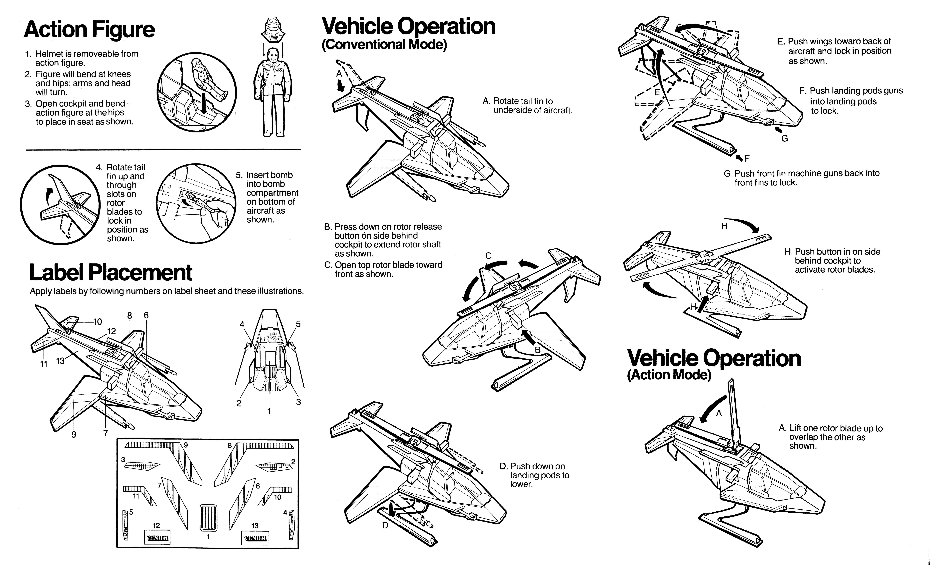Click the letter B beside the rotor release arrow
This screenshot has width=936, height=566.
point(538,350)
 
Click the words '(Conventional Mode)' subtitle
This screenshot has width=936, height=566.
point(384,44)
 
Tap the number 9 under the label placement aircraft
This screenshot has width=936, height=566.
point(74,435)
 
